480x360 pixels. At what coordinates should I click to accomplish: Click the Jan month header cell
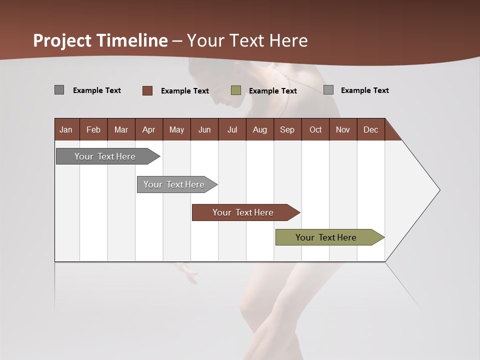click(x=66, y=129)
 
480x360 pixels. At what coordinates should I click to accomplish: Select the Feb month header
click(x=93, y=129)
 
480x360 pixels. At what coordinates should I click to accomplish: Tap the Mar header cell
click(x=121, y=129)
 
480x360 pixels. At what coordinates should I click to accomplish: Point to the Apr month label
click(x=148, y=129)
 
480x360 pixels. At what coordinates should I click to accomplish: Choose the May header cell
click(x=176, y=129)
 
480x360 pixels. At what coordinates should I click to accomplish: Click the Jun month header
click(x=204, y=129)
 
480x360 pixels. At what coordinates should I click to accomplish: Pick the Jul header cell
click(x=232, y=129)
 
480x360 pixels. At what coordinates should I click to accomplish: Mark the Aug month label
click(x=259, y=129)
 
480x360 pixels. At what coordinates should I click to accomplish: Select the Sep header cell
click(x=287, y=129)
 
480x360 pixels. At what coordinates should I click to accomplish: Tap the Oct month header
click(x=315, y=129)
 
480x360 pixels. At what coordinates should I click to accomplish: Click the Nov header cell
click(x=343, y=129)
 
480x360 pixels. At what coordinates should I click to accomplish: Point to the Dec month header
click(x=370, y=129)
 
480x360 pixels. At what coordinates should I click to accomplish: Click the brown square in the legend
click(x=147, y=90)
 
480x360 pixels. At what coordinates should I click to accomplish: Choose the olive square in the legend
click(x=236, y=90)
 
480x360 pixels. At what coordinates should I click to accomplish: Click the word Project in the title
click(x=62, y=40)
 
